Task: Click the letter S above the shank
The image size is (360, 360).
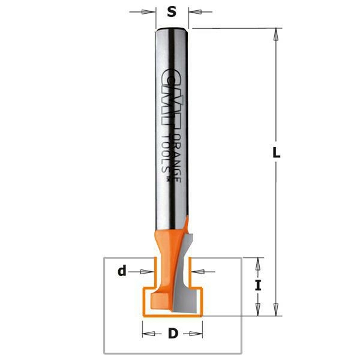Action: tap(172, 13)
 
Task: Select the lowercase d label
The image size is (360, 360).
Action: tap(122, 271)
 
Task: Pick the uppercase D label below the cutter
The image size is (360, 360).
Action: tap(173, 334)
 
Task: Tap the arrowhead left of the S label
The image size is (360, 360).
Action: tap(151, 12)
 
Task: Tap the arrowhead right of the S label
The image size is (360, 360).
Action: tap(194, 12)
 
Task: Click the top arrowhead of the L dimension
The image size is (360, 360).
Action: tap(277, 34)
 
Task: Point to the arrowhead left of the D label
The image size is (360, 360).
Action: tap(146, 334)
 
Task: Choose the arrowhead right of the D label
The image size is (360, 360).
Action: tap(199, 334)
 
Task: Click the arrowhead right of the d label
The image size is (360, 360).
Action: tap(152, 271)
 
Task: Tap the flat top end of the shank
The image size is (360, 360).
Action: tap(172, 29)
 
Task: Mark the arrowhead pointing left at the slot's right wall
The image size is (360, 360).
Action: tap(195, 271)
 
